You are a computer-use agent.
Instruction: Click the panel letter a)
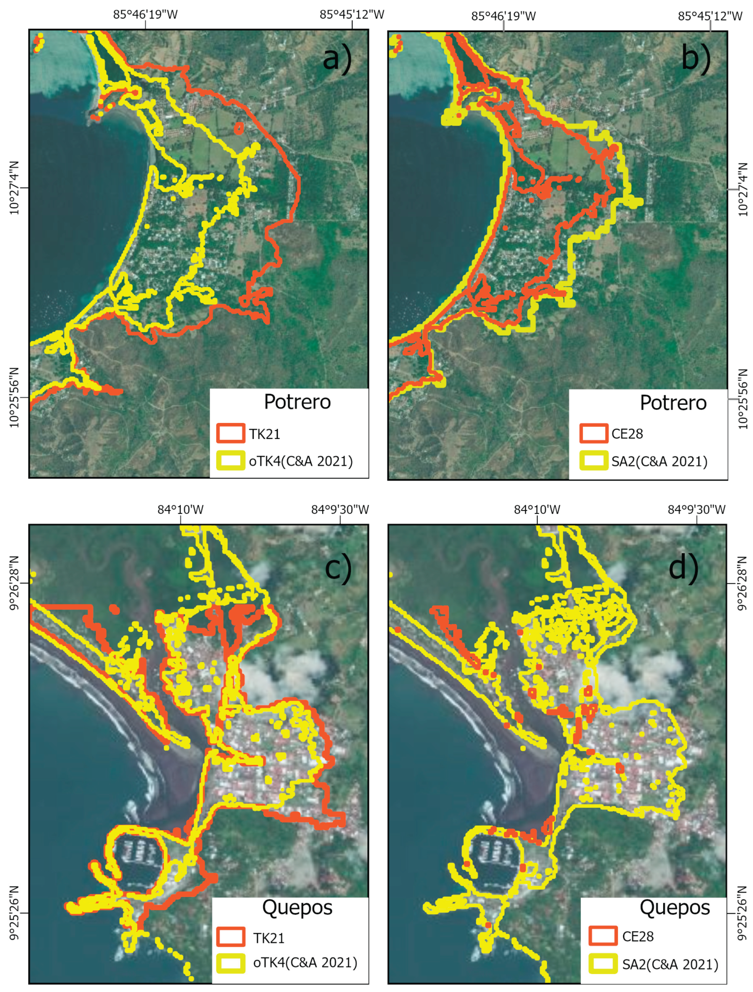point(337,58)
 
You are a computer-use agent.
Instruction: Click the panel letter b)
point(695,58)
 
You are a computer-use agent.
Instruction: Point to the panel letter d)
point(683,568)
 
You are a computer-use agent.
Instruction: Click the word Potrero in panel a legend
point(297,402)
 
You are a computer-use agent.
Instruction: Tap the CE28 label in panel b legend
point(627,434)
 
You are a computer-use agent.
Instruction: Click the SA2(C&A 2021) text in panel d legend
point(670,964)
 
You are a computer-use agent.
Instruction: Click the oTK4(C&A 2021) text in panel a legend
point(301,461)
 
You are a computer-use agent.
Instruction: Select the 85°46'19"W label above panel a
point(145,14)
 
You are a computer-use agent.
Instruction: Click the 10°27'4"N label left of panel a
point(14,188)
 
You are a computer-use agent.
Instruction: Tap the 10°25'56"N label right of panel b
point(743,399)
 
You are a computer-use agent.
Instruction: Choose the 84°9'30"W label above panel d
point(697,510)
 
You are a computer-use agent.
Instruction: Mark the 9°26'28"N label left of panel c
point(14,583)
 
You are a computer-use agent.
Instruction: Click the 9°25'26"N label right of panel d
point(743,912)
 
